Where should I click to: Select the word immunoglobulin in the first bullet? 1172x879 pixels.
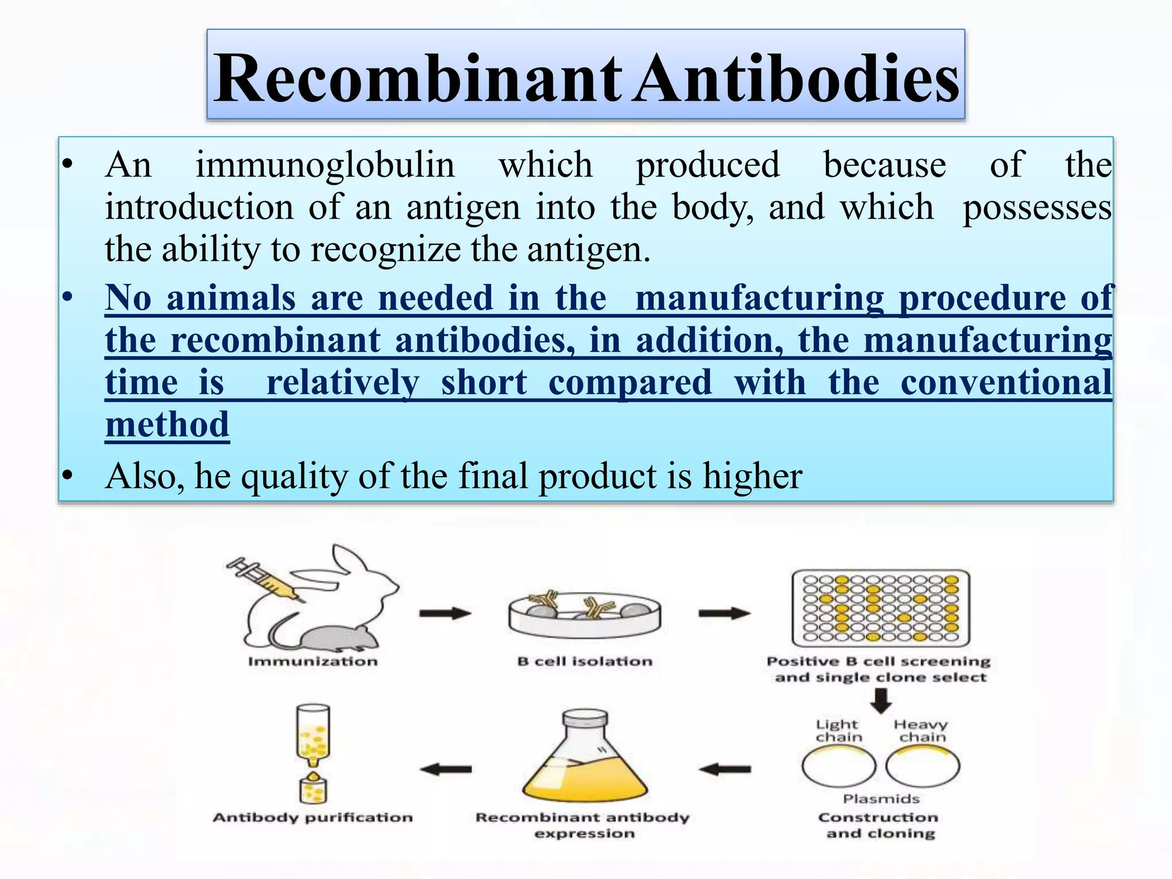point(325,165)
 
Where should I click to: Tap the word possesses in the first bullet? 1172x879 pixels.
point(1037,207)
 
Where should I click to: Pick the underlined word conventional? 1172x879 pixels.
point(1006,382)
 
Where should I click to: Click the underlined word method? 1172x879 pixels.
point(167,425)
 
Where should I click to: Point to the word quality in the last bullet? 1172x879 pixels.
point(295,476)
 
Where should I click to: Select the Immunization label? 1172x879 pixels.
point(312,662)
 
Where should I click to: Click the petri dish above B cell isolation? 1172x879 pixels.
point(584,615)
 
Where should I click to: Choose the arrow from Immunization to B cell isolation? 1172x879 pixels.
point(445,613)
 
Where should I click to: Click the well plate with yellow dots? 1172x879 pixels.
point(880,608)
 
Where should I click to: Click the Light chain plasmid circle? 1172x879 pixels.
point(838,767)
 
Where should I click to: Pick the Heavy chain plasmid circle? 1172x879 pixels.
point(922,767)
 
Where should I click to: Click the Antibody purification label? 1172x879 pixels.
point(312,817)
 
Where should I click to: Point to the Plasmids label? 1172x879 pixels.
point(881,799)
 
